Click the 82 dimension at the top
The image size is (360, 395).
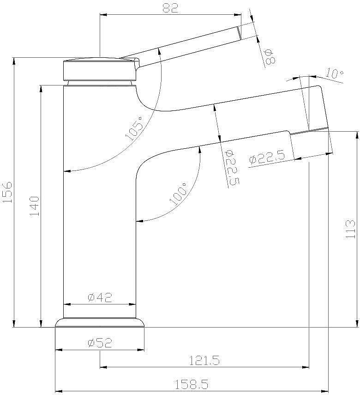(x=170, y=8)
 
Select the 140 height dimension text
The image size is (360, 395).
(x=35, y=207)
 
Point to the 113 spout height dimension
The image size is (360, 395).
(x=350, y=229)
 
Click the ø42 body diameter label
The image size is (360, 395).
(x=100, y=298)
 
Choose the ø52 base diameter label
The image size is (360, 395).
(x=100, y=343)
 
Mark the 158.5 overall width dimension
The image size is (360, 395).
(x=192, y=384)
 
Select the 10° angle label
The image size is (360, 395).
(x=334, y=73)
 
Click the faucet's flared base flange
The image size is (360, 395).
(x=100, y=322)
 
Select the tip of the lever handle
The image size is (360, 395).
(x=239, y=33)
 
